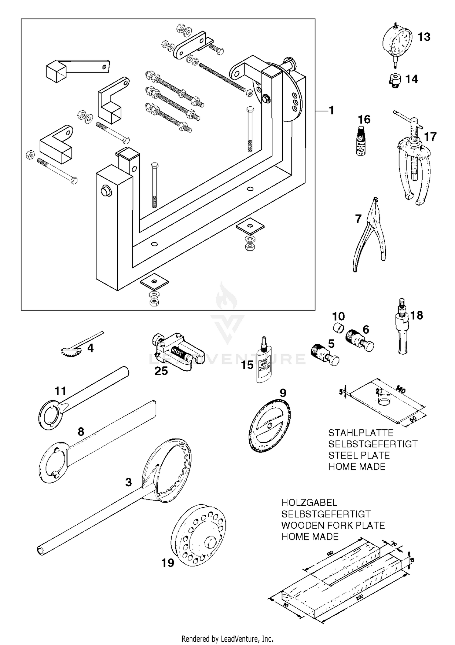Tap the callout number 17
430,137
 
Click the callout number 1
332,110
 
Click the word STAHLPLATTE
361,433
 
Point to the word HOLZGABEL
309,503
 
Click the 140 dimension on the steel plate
400,391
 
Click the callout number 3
129,482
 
